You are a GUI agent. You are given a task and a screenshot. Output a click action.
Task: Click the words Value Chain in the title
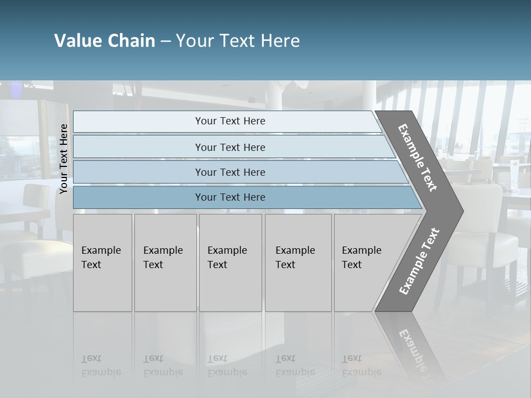point(105,41)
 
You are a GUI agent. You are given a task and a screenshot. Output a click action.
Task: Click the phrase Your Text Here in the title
point(238,41)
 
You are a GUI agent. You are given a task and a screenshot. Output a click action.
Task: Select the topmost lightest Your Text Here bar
point(230,121)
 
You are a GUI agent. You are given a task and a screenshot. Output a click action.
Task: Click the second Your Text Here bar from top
point(230,147)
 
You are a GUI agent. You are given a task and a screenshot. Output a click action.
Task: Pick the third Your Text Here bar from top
point(230,172)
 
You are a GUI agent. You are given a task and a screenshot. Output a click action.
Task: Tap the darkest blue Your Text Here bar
point(230,197)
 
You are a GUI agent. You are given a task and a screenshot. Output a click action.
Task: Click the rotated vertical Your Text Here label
point(64,159)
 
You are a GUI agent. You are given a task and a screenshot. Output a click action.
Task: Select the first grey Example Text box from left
point(102,263)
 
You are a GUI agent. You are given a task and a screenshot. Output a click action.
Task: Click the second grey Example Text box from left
point(165,263)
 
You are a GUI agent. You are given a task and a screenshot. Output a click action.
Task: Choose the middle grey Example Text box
point(230,263)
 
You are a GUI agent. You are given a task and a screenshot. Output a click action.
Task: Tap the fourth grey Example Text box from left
point(298,263)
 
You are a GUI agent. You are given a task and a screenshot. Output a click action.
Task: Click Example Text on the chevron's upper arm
point(418,158)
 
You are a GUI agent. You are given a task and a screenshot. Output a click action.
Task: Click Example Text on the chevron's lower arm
point(419,261)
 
